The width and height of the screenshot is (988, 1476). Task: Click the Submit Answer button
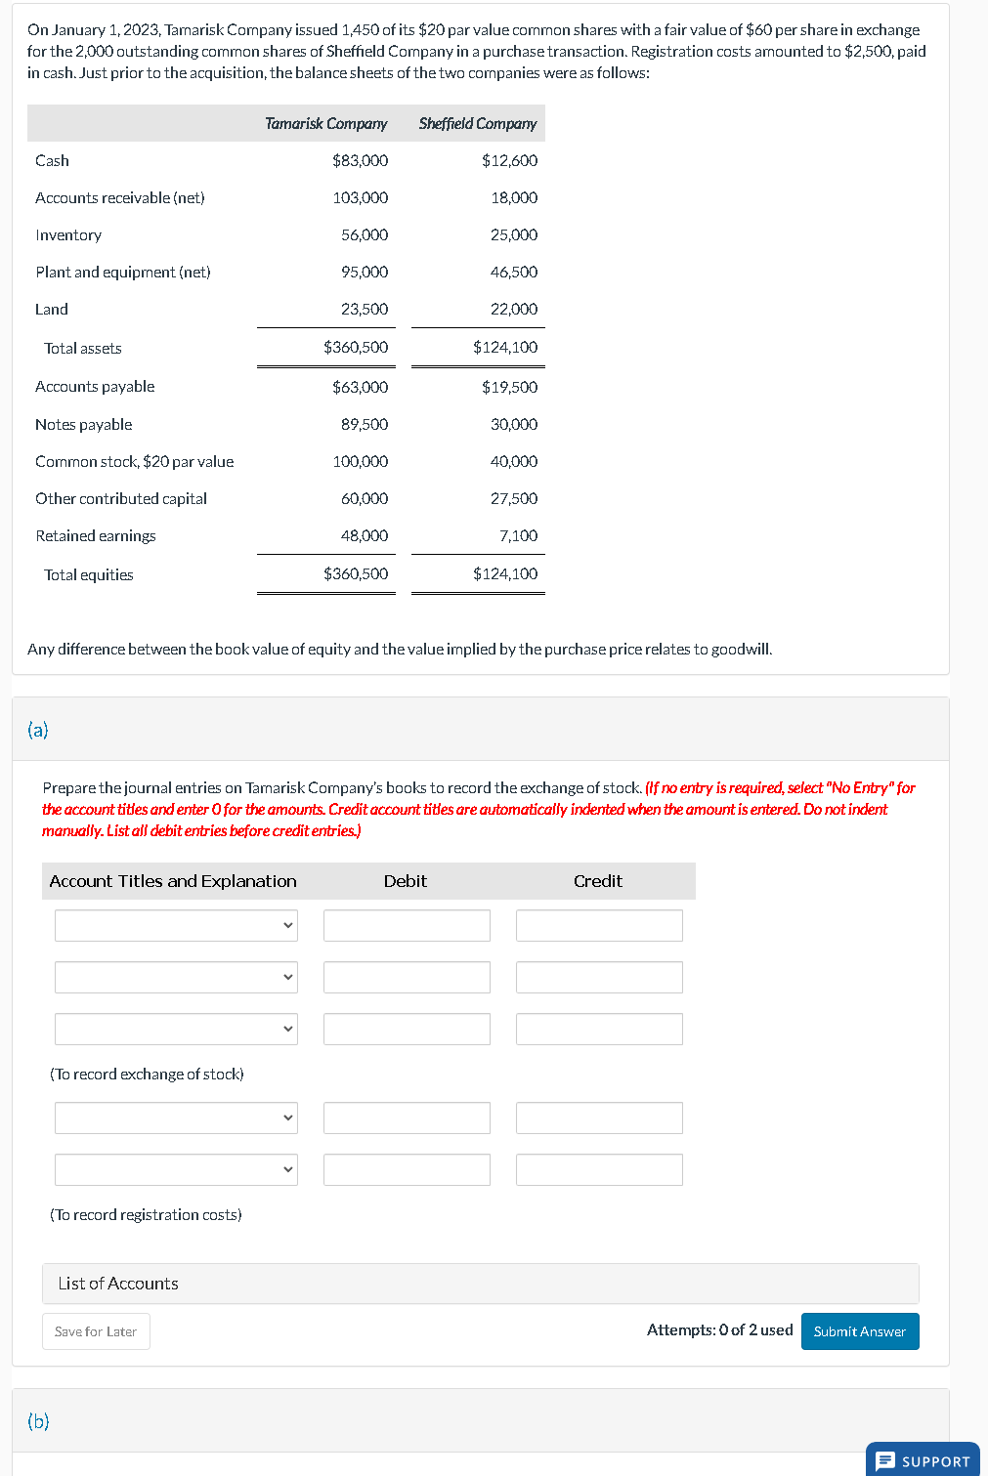(859, 1331)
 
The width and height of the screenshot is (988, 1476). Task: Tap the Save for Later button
(96, 1331)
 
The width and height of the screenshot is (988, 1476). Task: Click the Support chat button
(923, 1460)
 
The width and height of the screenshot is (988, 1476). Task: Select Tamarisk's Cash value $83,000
(360, 160)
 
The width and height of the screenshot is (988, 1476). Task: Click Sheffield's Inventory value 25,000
(513, 234)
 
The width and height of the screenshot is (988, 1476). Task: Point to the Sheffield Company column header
(477, 123)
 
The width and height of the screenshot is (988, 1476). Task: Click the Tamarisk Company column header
(325, 123)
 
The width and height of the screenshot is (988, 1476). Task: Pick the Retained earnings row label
(96, 535)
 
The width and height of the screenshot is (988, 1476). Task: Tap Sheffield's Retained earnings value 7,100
(518, 535)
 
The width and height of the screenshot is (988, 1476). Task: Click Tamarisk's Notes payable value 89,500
(364, 424)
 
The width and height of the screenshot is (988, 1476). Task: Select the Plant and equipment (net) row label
(123, 272)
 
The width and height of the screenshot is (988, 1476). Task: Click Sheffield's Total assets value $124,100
(504, 347)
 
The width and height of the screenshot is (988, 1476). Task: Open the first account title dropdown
(176, 925)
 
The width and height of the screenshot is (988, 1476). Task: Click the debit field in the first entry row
(407, 925)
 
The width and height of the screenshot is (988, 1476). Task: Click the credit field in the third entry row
(599, 1029)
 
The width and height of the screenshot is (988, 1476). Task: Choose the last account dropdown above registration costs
(176, 1169)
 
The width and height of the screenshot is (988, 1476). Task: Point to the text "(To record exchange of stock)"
(147, 1074)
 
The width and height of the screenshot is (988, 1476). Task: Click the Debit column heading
(405, 881)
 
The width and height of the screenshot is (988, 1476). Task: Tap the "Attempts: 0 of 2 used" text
(719, 1329)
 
